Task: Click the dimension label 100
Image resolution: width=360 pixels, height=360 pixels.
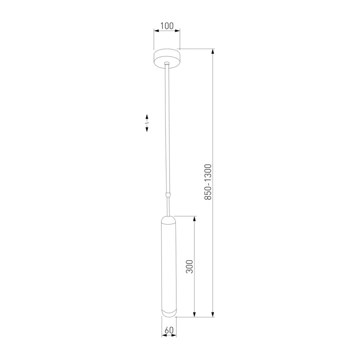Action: pos(167,26)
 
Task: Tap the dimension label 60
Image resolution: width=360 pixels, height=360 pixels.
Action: pos(169,330)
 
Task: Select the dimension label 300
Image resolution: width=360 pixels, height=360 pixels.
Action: pos(189,266)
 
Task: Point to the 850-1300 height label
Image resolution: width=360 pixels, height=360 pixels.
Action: pos(208,182)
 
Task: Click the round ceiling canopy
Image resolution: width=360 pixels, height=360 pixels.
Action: pos(167,58)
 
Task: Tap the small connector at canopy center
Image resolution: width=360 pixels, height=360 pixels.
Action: pos(167,63)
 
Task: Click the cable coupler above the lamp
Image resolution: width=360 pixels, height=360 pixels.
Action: pos(168,196)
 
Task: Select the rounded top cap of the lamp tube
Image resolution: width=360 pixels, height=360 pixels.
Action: pos(169,220)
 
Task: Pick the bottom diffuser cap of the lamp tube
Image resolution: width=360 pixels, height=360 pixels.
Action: pos(169,313)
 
